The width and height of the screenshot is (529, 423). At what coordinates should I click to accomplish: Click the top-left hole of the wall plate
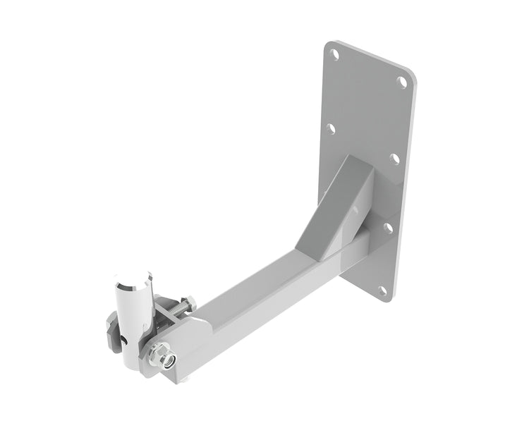(335, 53)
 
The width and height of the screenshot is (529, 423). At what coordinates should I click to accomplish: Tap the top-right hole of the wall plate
(402, 82)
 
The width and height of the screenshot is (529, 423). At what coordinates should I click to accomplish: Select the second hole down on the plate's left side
(330, 129)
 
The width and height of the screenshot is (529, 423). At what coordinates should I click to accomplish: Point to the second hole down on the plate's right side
(394, 159)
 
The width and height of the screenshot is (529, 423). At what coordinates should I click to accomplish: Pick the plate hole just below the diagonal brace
(387, 227)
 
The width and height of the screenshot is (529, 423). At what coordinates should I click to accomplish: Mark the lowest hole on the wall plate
(382, 290)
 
